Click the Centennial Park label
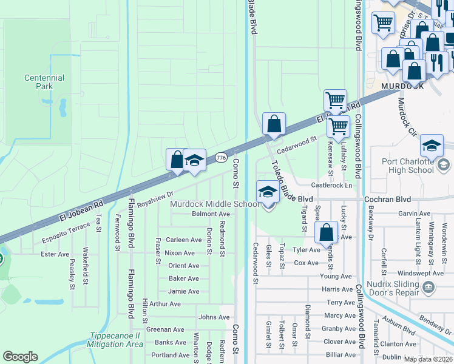coord(44,83)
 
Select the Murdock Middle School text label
coord(215,204)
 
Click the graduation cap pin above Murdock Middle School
coord(267,193)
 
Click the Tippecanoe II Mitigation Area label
coord(116,340)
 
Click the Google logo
coord(20,357)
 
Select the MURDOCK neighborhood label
coord(402,87)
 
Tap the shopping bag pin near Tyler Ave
coord(327,232)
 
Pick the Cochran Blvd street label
coord(387,199)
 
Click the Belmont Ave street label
coord(211,214)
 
